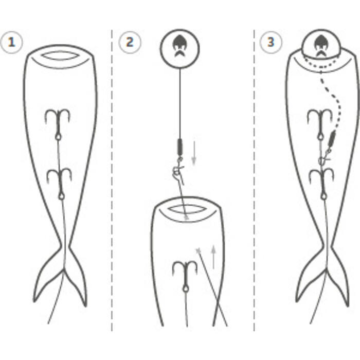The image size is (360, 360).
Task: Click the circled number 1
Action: point(11,43)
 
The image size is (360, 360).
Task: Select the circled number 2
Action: point(130,43)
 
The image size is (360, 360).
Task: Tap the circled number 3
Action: point(271,43)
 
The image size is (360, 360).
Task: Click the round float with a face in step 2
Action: point(180,49)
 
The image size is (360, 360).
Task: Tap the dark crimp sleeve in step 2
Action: point(180,147)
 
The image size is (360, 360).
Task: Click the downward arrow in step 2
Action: point(194,153)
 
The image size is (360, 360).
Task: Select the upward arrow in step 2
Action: point(214,257)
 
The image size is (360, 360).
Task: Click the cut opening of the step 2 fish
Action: point(186,209)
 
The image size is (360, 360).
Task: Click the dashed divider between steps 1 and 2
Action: point(112,180)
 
